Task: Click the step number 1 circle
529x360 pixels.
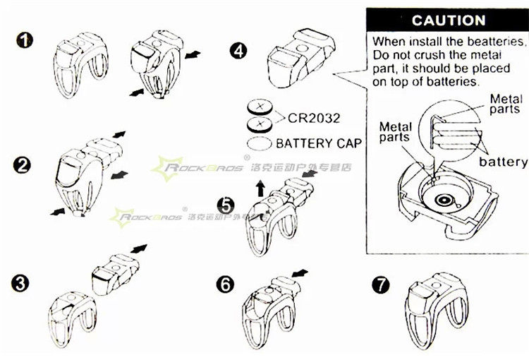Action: pyautogui.click(x=26, y=39)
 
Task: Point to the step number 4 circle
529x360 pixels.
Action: pyautogui.click(x=239, y=51)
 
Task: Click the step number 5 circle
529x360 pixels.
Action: pyautogui.click(x=225, y=205)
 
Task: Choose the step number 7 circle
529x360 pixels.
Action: pyautogui.click(x=380, y=284)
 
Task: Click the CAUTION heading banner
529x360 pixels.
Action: pyautogui.click(x=448, y=20)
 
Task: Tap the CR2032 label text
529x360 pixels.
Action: pyautogui.click(x=314, y=116)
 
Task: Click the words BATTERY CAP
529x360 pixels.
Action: pyautogui.click(x=319, y=143)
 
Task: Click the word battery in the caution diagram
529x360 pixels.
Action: pyautogui.click(x=503, y=162)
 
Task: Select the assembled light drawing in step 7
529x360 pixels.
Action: pyautogui.click(x=430, y=304)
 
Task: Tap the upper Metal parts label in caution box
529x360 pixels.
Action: pyautogui.click(x=504, y=104)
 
